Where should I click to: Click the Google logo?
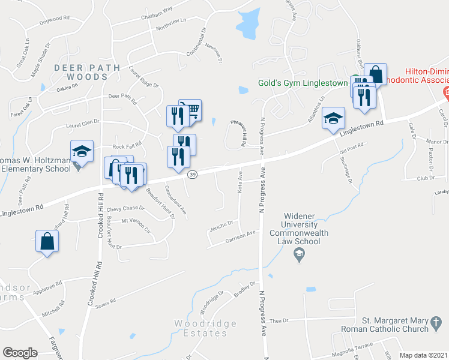20,353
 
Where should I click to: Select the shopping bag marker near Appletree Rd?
47,242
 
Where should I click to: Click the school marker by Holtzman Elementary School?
82,151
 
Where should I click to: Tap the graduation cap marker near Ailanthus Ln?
333,118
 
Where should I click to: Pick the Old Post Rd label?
352,151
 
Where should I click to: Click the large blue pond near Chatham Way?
248,22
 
